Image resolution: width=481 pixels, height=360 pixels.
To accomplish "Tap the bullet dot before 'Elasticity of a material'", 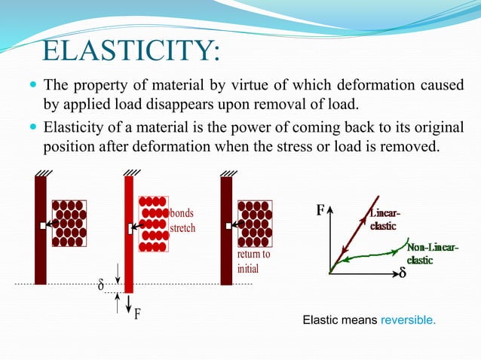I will click(x=29, y=127).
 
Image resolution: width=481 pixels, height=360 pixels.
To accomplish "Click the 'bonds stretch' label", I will click(x=182, y=221).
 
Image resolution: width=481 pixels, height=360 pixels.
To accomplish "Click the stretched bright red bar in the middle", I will click(x=129, y=233).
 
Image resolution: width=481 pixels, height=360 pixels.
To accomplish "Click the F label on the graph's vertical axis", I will click(x=320, y=211).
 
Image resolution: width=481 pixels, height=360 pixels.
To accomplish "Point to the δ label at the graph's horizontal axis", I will click(x=403, y=273).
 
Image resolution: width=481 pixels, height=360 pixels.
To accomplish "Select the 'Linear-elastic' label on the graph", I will click(x=384, y=221).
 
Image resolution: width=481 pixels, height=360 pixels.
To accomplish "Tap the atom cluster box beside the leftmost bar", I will click(x=69, y=223).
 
